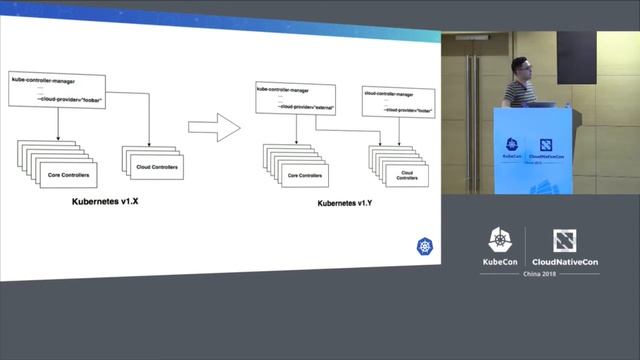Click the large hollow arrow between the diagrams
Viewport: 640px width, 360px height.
coord(215,128)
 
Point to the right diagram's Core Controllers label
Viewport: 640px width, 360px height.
coord(307,174)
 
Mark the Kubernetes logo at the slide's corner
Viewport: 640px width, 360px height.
coord(424,246)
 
